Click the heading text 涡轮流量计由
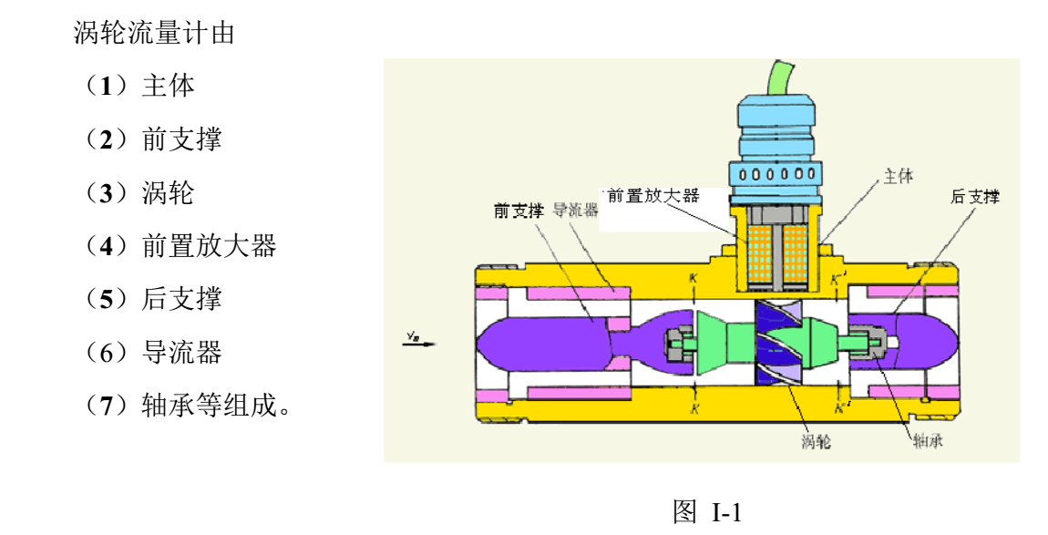154,34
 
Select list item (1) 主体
139,87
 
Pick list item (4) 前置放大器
179,245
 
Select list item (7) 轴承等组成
186,404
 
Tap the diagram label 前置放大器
652,195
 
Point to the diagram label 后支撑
975,197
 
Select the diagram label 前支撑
519,211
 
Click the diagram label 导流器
575,211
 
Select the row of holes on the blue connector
776,173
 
